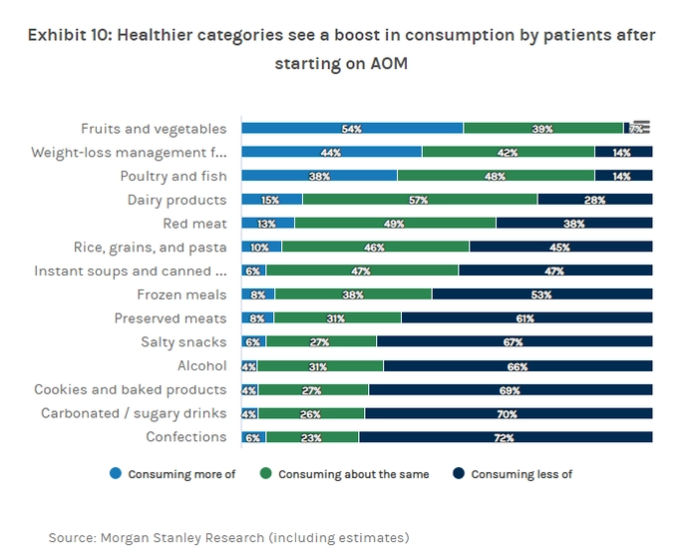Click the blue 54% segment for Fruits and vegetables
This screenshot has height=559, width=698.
click(352, 129)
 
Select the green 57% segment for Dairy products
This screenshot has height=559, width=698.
click(419, 200)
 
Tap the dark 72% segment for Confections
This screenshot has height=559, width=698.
click(506, 437)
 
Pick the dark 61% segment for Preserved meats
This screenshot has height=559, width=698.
click(526, 318)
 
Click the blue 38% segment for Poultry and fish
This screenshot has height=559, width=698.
click(319, 176)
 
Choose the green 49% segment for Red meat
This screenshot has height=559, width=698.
click(395, 224)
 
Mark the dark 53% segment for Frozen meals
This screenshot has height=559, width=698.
click(542, 294)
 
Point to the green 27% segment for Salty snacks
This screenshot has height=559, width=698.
click(321, 342)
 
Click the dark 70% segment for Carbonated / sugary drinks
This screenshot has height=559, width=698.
click(509, 413)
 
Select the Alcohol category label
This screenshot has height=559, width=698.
click(201, 366)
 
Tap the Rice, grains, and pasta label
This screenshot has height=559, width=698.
click(151, 248)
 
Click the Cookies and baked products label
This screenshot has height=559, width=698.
click(131, 390)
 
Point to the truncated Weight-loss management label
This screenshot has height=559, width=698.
click(129, 153)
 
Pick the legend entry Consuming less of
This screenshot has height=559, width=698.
click(522, 474)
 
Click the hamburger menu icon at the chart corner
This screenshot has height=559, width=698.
click(641, 127)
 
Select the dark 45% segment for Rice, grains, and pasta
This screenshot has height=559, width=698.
click(560, 248)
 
